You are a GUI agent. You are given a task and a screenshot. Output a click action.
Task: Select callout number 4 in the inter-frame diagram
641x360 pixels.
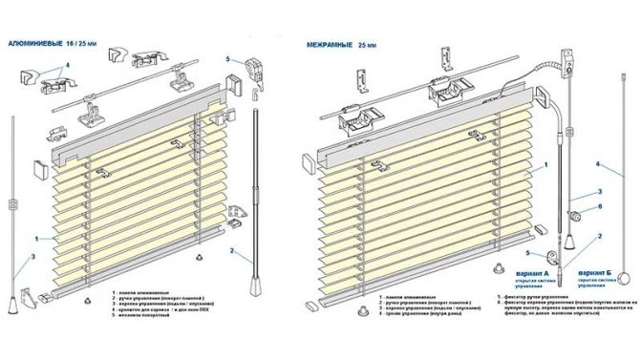point(596,164)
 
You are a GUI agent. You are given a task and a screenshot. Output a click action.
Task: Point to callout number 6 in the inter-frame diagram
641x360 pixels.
point(599,205)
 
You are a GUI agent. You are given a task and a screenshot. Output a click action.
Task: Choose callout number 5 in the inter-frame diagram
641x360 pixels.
point(527,252)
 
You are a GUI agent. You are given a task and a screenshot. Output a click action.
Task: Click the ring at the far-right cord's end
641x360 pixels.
point(625,279)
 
